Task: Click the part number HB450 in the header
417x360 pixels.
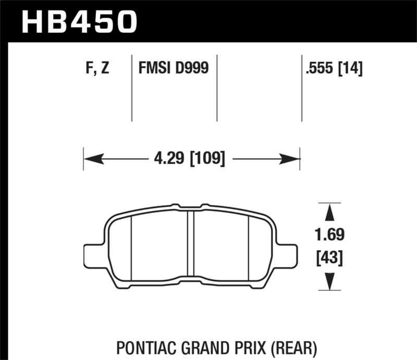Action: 78,21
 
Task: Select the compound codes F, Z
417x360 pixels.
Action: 96,68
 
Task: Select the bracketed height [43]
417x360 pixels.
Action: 329,257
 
